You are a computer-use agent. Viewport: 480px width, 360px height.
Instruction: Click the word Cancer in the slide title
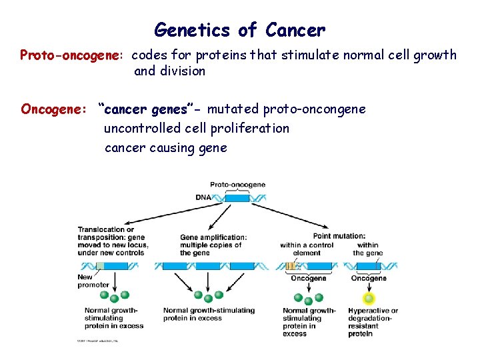pos(295,31)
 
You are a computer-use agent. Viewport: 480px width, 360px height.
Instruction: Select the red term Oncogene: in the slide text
pos(54,109)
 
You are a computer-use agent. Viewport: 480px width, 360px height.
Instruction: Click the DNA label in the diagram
pos(204,197)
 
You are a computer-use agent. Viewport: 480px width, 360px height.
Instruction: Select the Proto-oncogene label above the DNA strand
pos(237,185)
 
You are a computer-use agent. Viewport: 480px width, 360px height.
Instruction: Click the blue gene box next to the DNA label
pos(237,197)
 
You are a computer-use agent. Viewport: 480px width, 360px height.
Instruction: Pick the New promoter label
pos(93,281)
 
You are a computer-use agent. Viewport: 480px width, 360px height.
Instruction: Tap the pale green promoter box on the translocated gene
pos(99,265)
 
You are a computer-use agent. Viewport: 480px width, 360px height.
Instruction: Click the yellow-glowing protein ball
pos(368,298)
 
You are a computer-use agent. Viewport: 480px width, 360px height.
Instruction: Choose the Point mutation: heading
pos(339,236)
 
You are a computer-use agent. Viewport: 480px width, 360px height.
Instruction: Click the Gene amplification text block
pos(213,245)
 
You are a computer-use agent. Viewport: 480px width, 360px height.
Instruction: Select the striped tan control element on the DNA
pos(290,266)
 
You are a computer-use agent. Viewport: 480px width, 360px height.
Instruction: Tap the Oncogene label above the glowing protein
pos(368,279)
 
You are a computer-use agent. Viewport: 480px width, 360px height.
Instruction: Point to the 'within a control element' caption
pos(301,249)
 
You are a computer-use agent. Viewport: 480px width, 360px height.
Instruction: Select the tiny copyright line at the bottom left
pos(97,341)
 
